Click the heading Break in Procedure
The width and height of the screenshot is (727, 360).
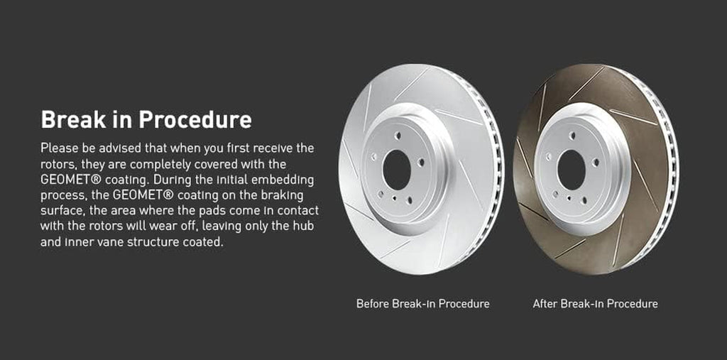(x=146, y=119)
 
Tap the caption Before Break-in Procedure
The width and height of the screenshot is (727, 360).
(x=422, y=304)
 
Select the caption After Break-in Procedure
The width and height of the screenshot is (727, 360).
(x=595, y=304)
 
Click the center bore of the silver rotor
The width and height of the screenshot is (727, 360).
(x=395, y=170)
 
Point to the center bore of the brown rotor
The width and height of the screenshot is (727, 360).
(x=571, y=170)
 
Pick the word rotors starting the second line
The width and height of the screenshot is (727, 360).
(x=58, y=164)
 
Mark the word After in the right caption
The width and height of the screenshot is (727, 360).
(x=545, y=304)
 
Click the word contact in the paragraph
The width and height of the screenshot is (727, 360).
(x=299, y=211)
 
